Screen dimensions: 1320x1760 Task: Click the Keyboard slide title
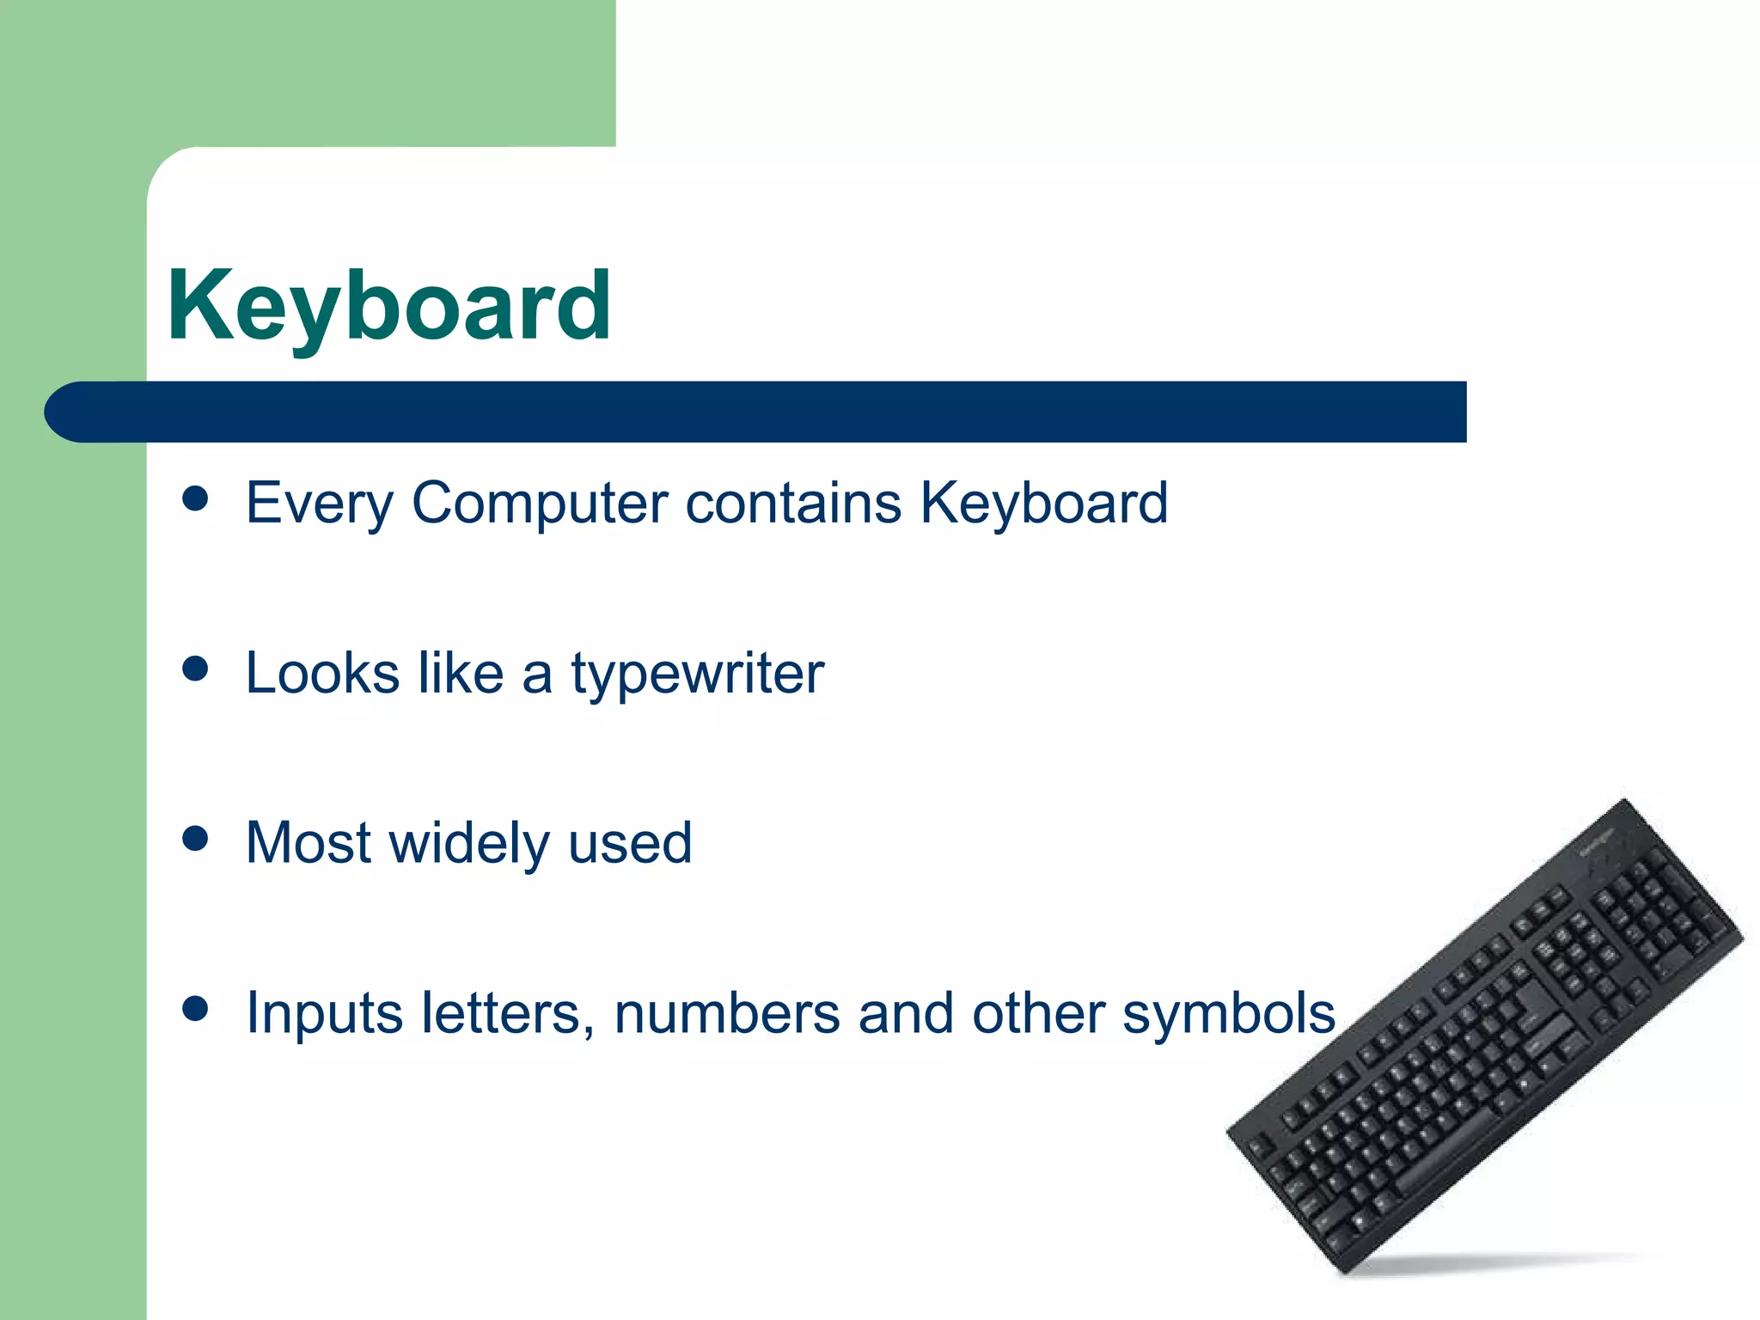point(388,306)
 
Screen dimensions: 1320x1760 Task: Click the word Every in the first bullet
point(319,503)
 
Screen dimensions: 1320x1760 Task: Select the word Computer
point(540,503)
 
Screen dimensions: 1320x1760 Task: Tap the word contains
point(793,503)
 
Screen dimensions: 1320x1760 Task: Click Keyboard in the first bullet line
point(1044,503)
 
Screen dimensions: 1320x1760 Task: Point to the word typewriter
point(698,675)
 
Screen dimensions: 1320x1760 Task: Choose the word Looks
point(322,673)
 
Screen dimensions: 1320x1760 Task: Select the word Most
point(309,843)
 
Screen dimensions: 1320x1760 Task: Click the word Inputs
point(324,1015)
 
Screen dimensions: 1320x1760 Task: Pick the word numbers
point(727,1013)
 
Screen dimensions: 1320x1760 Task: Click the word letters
point(507,1013)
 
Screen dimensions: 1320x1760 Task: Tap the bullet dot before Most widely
point(196,839)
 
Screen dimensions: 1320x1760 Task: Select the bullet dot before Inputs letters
point(196,1009)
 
